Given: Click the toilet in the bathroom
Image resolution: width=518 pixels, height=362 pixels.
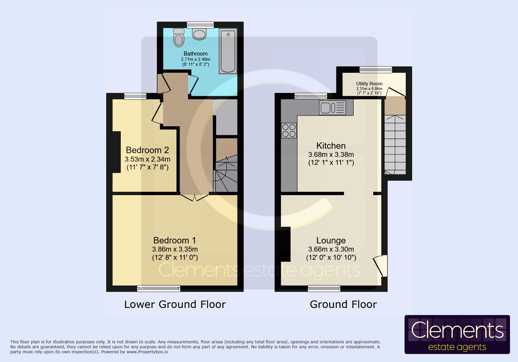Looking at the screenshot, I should [179, 38].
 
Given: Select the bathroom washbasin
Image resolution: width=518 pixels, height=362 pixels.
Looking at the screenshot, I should [199, 34].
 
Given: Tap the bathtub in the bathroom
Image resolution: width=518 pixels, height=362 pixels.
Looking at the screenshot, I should [228, 51].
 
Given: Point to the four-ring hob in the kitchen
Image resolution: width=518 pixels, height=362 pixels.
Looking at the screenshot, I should [289, 130].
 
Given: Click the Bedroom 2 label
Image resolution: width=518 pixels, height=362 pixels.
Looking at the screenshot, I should [147, 150].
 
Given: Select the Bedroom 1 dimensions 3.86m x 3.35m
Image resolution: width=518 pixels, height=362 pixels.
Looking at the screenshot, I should [175, 249].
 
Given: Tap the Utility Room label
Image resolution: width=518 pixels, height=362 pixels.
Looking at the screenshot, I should [369, 83].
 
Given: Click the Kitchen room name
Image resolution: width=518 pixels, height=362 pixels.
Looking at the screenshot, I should [331, 145].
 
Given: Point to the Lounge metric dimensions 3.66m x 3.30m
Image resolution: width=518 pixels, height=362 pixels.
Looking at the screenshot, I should [331, 249].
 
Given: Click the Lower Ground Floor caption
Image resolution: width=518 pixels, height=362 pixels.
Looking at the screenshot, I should [175, 304].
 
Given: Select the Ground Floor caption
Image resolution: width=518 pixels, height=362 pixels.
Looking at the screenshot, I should [343, 304].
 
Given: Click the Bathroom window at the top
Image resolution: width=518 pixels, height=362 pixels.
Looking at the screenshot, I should [200, 25].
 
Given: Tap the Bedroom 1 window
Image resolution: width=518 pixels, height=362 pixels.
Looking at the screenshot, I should [159, 288].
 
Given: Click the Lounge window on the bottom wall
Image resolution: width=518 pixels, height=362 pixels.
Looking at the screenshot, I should [324, 288].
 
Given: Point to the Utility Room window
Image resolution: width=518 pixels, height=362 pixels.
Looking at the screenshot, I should [376, 69].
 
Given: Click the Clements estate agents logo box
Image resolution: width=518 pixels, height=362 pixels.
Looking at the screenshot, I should [457, 335].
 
